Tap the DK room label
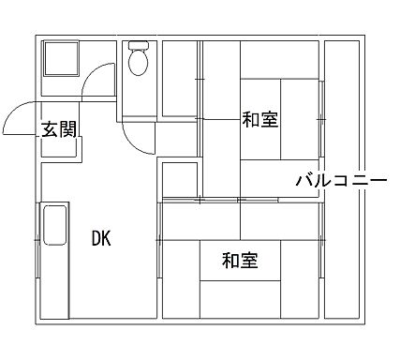[x=101, y=238]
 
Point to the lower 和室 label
[x=240, y=261]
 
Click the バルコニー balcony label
[x=341, y=178]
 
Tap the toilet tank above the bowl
[x=138, y=45]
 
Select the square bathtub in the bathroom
[x=62, y=63]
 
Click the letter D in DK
[x=96, y=238]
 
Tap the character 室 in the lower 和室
[x=249, y=261]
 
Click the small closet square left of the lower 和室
[x=175, y=178]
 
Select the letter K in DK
[x=107, y=238]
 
